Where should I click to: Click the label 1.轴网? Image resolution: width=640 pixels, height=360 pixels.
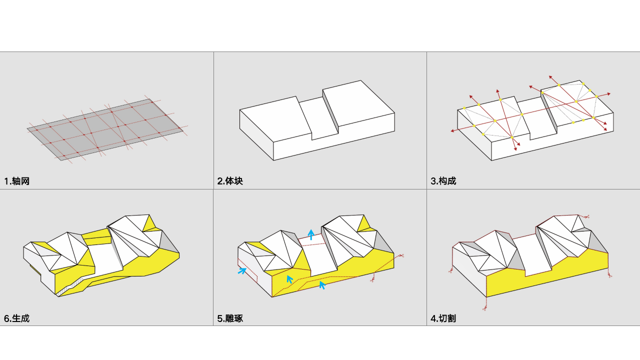pyautogui.click(x=17, y=181)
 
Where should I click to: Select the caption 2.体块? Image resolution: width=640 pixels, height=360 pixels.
pyautogui.click(x=230, y=181)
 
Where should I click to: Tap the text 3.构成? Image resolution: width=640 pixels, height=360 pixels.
pyautogui.click(x=443, y=181)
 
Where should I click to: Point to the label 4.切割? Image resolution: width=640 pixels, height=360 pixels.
pyautogui.click(x=443, y=318)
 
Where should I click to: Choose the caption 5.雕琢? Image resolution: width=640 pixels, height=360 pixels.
pyautogui.click(x=230, y=318)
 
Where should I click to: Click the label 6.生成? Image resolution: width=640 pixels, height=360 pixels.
pyautogui.click(x=17, y=318)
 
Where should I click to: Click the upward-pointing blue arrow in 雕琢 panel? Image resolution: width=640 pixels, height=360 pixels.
pyautogui.click(x=311, y=234)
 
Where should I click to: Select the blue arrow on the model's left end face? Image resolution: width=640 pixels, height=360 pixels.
pyautogui.click(x=242, y=270)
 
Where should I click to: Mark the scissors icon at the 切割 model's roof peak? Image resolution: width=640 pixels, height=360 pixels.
pyautogui.click(x=586, y=216)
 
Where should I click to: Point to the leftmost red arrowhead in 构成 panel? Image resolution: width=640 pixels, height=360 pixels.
pyautogui.click(x=452, y=131)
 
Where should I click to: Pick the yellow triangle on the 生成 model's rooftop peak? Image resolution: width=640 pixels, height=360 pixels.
pyautogui.click(x=149, y=223)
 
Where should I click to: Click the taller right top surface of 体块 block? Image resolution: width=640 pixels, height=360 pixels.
pyautogui.click(x=357, y=102)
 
